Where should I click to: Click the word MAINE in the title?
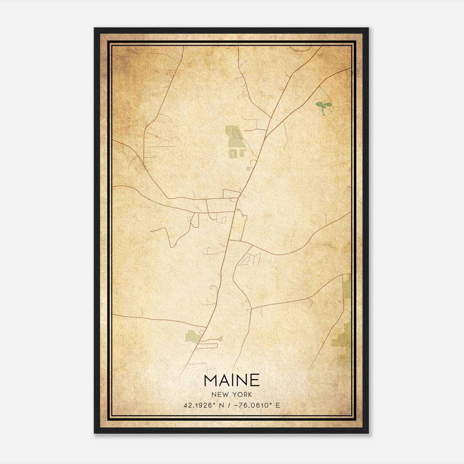click(x=232, y=380)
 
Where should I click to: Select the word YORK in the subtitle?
click(x=242, y=395)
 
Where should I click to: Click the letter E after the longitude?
click(x=278, y=405)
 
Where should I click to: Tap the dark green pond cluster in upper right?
click(x=322, y=106)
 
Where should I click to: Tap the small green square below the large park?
click(x=248, y=168)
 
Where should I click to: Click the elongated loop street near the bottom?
click(x=207, y=345)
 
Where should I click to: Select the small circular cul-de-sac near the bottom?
click(x=221, y=338)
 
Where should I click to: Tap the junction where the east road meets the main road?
click(x=229, y=240)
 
